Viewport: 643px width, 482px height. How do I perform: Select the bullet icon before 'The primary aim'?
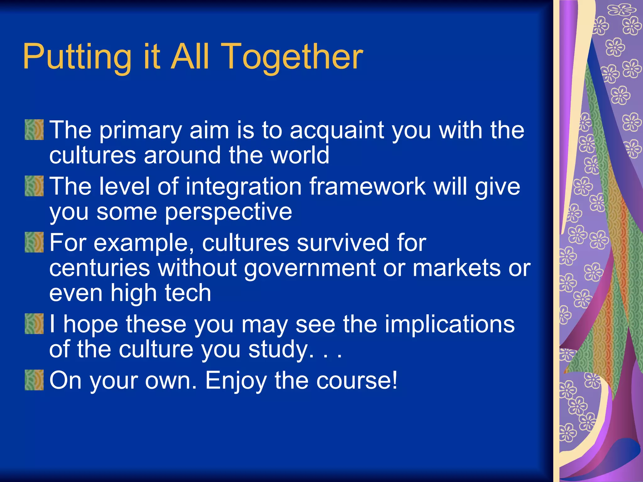34,130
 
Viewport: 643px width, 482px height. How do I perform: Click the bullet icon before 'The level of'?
34,186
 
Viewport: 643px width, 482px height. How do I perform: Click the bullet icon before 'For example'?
34,242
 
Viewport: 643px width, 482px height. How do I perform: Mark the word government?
310,268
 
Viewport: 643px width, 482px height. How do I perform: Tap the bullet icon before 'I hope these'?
34,324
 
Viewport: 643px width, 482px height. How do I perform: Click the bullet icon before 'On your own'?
34,380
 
